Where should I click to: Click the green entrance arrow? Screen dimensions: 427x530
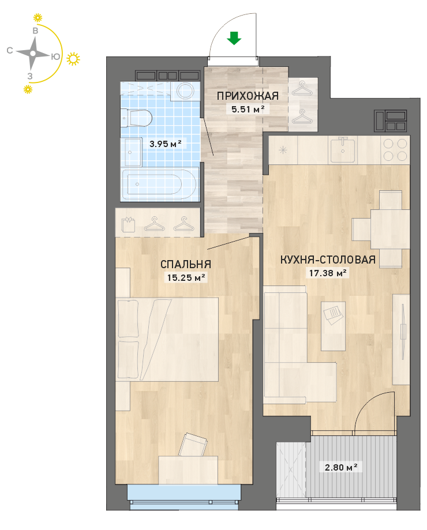[x=234, y=38]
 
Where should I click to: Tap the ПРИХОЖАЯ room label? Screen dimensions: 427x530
[x=248, y=96]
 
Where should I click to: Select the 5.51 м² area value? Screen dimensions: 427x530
[x=248, y=109]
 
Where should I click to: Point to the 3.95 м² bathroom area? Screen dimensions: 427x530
[x=166, y=144]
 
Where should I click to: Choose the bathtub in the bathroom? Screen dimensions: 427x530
[x=159, y=184]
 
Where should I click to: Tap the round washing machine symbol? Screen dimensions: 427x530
[x=185, y=90]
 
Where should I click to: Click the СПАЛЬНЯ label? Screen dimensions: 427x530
[x=186, y=264]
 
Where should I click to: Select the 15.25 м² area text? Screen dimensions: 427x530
[x=186, y=277]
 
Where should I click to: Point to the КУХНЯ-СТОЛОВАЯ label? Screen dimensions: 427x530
[x=328, y=260]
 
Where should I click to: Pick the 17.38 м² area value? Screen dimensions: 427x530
[x=328, y=273]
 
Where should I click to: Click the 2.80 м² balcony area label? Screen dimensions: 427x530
[x=341, y=467]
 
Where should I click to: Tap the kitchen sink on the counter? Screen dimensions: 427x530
[x=343, y=149]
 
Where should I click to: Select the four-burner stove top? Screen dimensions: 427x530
[x=395, y=149]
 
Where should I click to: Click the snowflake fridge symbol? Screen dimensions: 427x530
[x=283, y=150]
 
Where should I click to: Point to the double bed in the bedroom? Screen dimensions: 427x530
[x=167, y=339]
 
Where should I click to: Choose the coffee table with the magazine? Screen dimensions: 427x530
[x=333, y=326]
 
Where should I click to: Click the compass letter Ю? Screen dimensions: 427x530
[x=56, y=57]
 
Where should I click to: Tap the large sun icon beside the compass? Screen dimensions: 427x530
[x=73, y=59]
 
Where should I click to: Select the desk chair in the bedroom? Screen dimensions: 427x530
[x=193, y=445]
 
